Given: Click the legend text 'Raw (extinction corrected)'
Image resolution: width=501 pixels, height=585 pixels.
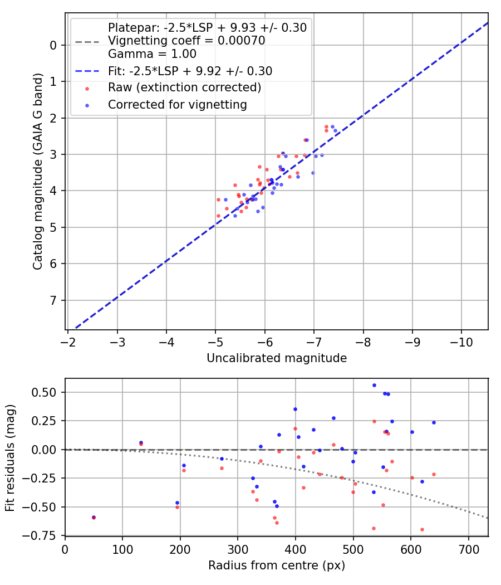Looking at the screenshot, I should point(184,87).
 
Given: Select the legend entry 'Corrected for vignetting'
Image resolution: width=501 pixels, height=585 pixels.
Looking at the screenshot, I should point(178,104).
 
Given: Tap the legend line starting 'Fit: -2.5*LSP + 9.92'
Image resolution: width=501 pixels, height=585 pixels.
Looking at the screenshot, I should point(190,71).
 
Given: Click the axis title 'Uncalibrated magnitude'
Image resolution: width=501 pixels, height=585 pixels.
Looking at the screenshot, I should point(277,358).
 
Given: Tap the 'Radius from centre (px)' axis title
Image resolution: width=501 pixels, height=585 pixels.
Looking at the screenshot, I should point(277,565).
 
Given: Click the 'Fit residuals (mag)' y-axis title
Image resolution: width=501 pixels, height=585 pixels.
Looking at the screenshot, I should point(9,457).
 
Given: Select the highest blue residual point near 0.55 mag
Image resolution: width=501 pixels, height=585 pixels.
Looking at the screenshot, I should point(374,385).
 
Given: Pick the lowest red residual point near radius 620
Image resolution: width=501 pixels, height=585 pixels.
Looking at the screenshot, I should point(422,529).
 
